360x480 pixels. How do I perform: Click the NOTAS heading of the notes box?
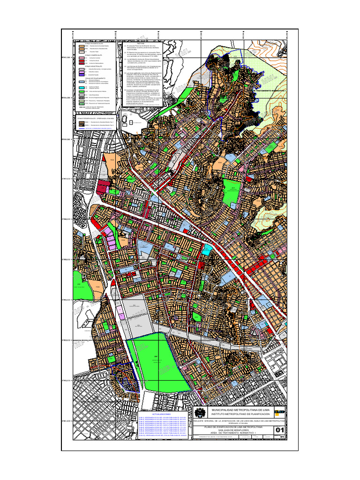click(141, 43)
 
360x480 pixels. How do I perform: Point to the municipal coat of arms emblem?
click(200, 413)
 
